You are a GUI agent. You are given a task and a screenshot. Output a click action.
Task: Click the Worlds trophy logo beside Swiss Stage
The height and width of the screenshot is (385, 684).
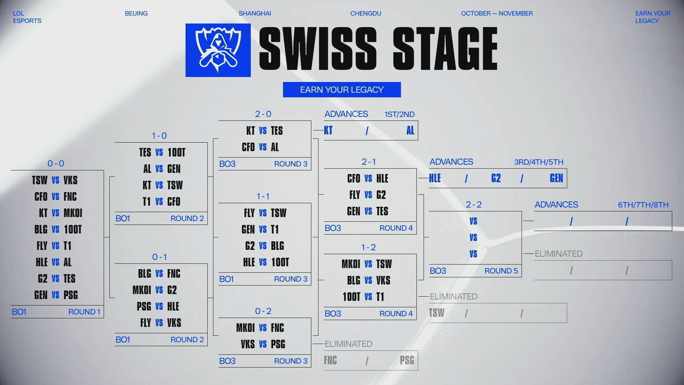pyautogui.click(x=218, y=50)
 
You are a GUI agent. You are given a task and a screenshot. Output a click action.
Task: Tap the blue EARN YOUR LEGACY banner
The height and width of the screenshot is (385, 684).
pyautogui.click(x=342, y=90)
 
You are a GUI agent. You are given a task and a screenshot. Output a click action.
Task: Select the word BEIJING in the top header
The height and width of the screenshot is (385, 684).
pyautogui.click(x=136, y=14)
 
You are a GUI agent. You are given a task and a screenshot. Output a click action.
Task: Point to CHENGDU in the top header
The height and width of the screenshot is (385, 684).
pyautogui.click(x=366, y=14)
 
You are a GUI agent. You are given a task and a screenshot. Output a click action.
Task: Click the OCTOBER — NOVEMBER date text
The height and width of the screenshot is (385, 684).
pyautogui.click(x=497, y=14)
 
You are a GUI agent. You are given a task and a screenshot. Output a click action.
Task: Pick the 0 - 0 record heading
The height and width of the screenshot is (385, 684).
pyautogui.click(x=56, y=164)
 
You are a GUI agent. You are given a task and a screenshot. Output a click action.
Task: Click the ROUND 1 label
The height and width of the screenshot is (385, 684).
pyautogui.click(x=84, y=312)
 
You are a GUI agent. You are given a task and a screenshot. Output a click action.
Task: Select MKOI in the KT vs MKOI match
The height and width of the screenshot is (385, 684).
pyautogui.click(x=73, y=213)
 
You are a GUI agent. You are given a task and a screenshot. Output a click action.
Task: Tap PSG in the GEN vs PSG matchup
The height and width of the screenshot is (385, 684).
pyautogui.click(x=71, y=295)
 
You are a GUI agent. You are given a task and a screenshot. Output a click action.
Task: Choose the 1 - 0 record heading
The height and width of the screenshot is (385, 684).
pyautogui.click(x=159, y=136)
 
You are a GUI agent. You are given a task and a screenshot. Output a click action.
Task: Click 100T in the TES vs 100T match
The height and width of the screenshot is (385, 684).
pyautogui.click(x=177, y=153)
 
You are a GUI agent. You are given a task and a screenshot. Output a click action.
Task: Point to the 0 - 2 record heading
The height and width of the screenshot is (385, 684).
pyautogui.click(x=263, y=311)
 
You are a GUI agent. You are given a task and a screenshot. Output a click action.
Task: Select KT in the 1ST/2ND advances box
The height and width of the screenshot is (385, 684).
pyautogui.click(x=328, y=130)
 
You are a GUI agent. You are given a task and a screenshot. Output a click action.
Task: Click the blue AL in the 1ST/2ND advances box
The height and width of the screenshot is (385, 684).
pyautogui.click(x=410, y=130)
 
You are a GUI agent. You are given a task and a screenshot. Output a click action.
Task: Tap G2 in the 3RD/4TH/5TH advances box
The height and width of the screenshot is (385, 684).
pyautogui.click(x=496, y=178)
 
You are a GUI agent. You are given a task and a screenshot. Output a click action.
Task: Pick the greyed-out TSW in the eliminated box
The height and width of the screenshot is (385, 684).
pyautogui.click(x=437, y=313)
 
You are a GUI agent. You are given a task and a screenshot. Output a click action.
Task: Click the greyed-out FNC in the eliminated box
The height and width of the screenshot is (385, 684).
pyautogui.click(x=330, y=360)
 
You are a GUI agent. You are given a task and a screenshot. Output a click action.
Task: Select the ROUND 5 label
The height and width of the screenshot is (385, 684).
pyautogui.click(x=501, y=271)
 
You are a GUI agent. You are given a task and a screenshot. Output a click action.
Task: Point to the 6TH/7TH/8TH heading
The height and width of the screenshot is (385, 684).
pyautogui.click(x=643, y=205)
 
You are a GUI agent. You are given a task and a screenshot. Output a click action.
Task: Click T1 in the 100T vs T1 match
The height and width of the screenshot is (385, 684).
pyautogui.click(x=380, y=297)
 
